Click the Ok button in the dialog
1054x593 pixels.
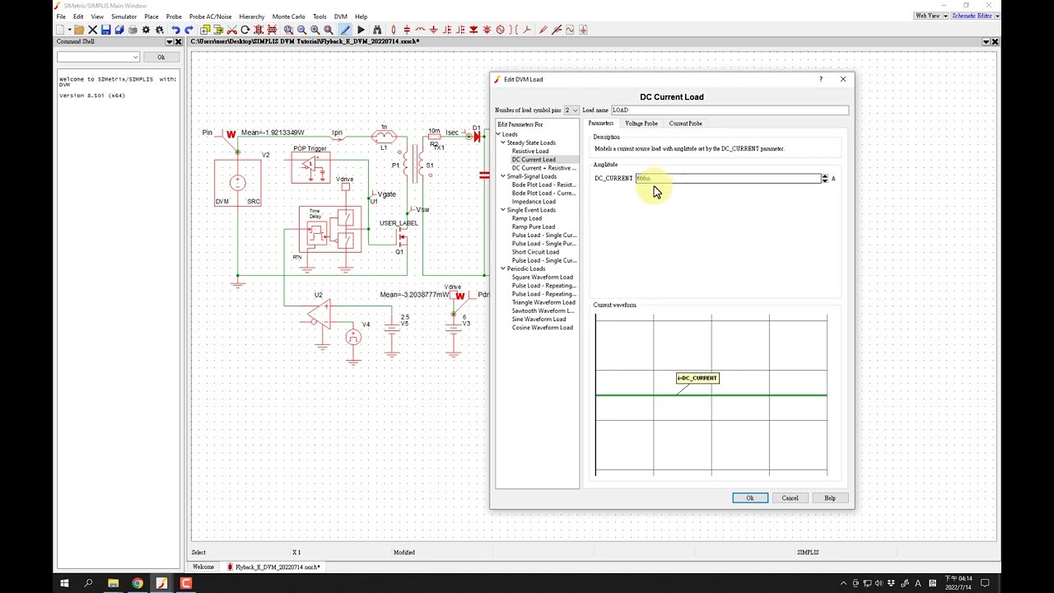(749, 497)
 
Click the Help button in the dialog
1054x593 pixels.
(829, 497)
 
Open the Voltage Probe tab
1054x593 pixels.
(641, 124)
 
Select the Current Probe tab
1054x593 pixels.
(685, 124)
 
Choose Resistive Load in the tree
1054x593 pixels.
(529, 151)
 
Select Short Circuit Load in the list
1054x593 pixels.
(535, 252)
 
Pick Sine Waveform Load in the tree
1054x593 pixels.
(539, 319)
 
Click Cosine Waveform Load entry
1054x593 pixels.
(542, 328)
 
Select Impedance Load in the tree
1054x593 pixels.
(534, 202)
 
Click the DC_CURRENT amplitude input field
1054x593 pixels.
(728, 178)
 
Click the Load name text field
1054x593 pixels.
(729, 110)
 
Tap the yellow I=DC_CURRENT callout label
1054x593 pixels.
(697, 378)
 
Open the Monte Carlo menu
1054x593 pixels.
(288, 16)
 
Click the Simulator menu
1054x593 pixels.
(124, 16)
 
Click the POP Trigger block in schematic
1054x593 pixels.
(310, 166)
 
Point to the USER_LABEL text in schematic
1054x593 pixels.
(399, 223)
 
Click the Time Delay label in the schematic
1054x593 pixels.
(315, 214)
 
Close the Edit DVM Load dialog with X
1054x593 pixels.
(842, 79)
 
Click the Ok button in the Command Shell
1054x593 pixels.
(161, 57)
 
